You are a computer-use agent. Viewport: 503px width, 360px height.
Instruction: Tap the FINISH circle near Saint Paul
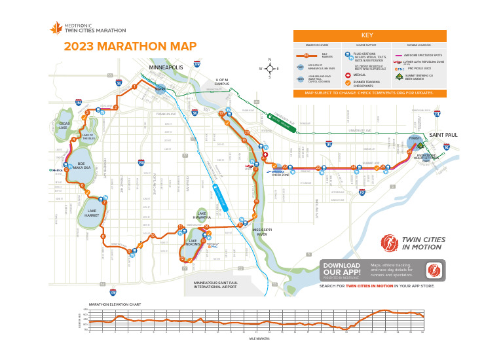pos(414,139)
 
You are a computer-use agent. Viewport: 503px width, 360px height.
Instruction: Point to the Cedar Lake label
pos(64,125)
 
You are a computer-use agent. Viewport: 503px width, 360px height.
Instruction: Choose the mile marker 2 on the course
pos(115,107)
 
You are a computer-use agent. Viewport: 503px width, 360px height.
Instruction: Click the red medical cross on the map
pos(265,156)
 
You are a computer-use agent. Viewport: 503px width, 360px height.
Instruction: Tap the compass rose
pos(269,68)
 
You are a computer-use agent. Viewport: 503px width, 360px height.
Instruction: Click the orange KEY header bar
pos(369,35)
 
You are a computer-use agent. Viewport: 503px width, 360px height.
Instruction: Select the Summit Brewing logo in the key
pos(400,76)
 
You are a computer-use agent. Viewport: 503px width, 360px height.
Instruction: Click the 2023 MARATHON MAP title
pos(130,46)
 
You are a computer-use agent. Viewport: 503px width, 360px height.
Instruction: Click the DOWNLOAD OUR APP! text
pos(342,269)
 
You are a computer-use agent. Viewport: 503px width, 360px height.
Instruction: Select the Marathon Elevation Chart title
pos(115,304)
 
